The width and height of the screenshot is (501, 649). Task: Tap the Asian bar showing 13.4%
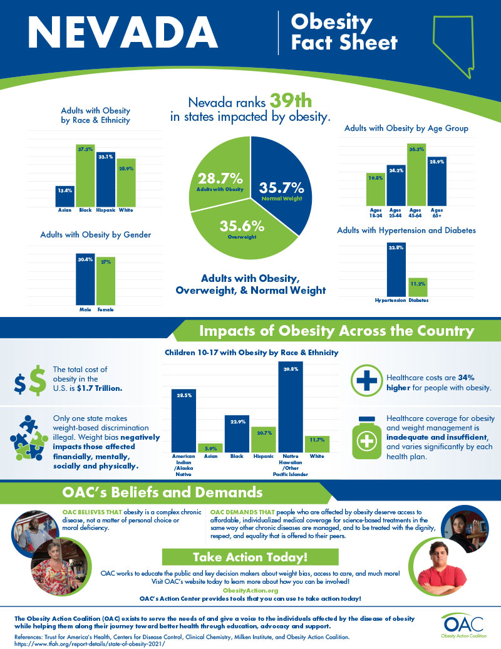pos(65,197)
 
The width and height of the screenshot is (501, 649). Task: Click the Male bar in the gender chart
pos(85,279)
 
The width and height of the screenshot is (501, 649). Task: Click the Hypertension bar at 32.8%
pos(396,270)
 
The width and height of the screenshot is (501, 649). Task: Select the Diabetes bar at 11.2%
pos(418,288)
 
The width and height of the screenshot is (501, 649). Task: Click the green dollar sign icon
pos(38,380)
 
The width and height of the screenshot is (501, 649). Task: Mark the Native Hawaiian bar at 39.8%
pos(291,407)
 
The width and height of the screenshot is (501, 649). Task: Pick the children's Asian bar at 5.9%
pos(211,448)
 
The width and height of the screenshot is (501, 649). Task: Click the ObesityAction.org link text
pos(250,590)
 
